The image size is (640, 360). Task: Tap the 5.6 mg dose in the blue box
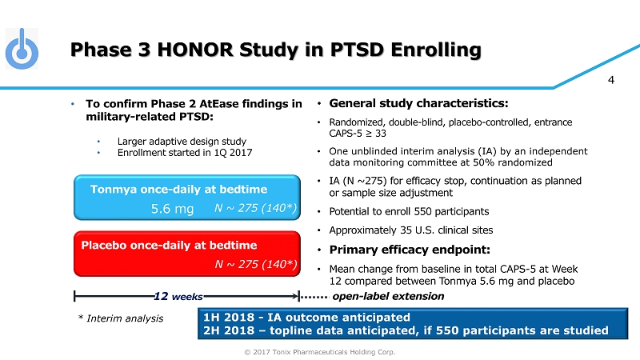point(173,209)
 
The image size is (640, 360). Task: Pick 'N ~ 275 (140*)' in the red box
point(255,262)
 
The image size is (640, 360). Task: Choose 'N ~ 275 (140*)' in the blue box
point(255,209)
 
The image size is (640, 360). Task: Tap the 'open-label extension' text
point(388,296)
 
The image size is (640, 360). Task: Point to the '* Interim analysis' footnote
point(120,318)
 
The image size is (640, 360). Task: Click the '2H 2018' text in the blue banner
point(228,330)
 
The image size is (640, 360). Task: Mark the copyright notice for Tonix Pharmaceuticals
point(319,351)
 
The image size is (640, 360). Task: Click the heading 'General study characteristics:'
point(418,104)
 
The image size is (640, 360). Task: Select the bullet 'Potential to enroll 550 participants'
point(410,212)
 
